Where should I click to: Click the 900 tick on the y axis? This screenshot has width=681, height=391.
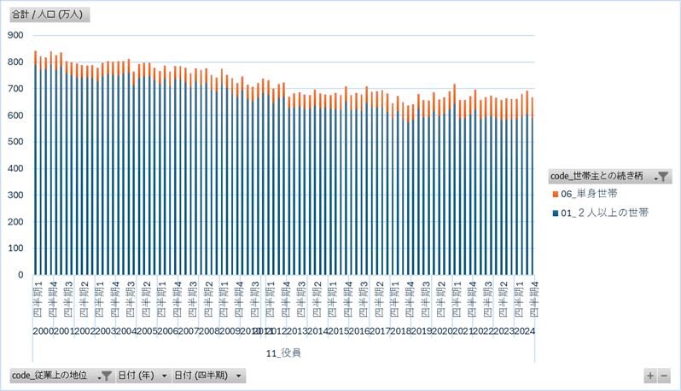pyautogui.click(x=15, y=35)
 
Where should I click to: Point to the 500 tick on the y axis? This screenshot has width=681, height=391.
pyautogui.click(x=15, y=142)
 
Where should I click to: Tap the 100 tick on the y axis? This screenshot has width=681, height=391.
pyautogui.click(x=15, y=248)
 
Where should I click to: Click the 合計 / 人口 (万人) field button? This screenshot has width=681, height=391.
pyautogui.click(x=49, y=15)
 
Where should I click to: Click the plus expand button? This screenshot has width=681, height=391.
pyautogui.click(x=651, y=375)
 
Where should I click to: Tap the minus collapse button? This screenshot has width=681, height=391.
pyautogui.click(x=665, y=375)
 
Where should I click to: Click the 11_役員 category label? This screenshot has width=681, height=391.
pyautogui.click(x=283, y=352)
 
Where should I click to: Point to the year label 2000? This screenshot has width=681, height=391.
pyautogui.click(x=44, y=331)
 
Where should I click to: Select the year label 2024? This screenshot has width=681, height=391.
pyautogui.click(x=524, y=331)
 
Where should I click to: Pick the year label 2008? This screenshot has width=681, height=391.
pyautogui.click(x=207, y=331)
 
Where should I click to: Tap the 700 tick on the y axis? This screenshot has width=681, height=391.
pyautogui.click(x=15, y=89)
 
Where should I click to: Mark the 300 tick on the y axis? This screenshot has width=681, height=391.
pyautogui.click(x=15, y=195)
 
